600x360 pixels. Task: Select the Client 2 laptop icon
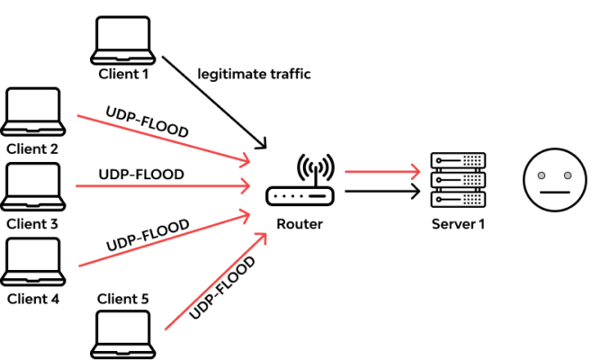(x=33, y=112)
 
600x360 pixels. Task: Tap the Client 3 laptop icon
(x=33, y=185)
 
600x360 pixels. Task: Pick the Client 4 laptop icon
(x=33, y=261)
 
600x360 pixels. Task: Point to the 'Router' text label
(x=300, y=223)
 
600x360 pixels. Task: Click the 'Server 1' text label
(x=456, y=223)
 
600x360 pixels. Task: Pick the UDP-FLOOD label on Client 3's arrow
(x=141, y=174)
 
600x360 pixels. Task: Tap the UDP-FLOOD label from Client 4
(x=148, y=234)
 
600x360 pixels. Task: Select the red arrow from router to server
(x=382, y=169)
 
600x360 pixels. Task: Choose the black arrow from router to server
(x=382, y=190)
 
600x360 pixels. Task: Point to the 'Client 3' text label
(x=33, y=222)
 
